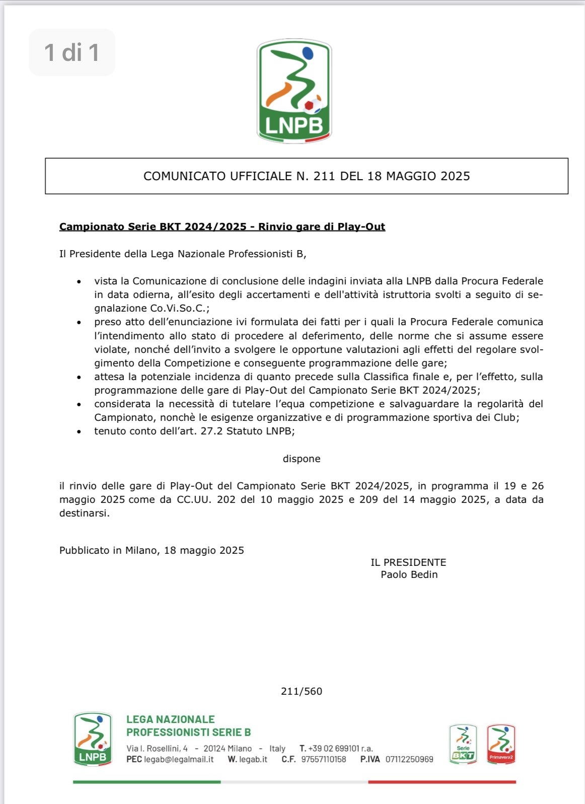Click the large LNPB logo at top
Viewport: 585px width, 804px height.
[294, 91]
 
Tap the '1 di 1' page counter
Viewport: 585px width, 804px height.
[72, 52]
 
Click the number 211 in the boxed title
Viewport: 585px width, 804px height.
[324, 176]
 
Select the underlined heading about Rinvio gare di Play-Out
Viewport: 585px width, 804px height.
[222, 227]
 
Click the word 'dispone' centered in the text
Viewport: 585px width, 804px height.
[302, 459]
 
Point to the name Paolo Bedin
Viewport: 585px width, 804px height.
[409, 574]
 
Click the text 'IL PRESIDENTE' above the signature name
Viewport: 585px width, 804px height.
[408, 562]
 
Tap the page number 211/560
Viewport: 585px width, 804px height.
[302, 691]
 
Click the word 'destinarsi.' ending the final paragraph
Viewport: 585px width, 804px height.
[85, 514]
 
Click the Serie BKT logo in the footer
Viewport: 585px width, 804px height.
[463, 744]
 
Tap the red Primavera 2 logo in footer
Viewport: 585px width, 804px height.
[501, 744]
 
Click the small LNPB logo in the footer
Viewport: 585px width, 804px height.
[93, 739]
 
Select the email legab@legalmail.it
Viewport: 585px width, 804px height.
[179, 759]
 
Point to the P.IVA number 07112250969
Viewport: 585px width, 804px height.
[409, 759]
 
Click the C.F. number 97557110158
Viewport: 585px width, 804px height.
[324, 759]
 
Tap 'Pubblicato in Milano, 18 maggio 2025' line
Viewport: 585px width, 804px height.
[152, 550]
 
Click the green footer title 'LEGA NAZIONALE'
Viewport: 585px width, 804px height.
[171, 719]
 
